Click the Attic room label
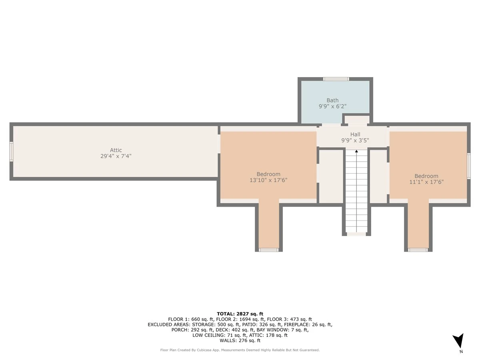pos(116,150)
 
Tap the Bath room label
pos(332,100)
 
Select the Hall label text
pos(355,134)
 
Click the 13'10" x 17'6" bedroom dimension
pos(268,180)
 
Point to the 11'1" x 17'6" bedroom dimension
pos(426,182)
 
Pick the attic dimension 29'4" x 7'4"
pos(116,156)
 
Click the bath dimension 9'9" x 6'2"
pos(332,106)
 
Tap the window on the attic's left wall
pos(11,152)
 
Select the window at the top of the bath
pos(336,79)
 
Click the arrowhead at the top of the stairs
pos(356,151)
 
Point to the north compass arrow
pos(458,340)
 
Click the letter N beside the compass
pos(461,352)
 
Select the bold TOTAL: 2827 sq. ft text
pos(240,314)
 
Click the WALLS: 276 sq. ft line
pos(240,340)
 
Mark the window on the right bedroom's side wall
pos(469,166)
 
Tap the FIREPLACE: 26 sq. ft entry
pos(308,324)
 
